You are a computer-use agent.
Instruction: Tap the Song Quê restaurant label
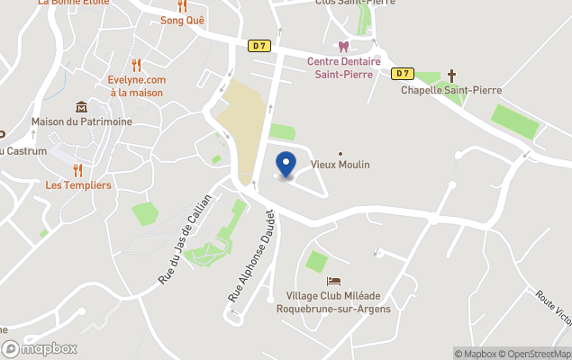(x=182, y=20)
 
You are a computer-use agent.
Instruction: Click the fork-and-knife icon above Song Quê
(x=182, y=5)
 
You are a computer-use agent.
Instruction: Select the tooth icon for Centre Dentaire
(x=342, y=47)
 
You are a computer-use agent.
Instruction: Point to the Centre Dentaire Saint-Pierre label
(x=343, y=67)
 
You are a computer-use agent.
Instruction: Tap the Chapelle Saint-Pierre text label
(x=450, y=89)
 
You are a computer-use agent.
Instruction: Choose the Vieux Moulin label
(x=340, y=165)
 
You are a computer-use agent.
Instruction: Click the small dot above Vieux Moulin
(x=340, y=153)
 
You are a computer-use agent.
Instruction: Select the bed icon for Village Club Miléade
(x=334, y=282)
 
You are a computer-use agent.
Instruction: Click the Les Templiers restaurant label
(x=78, y=184)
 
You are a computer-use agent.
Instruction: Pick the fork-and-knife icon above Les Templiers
(x=77, y=169)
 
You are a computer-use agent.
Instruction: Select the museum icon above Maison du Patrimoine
(x=81, y=107)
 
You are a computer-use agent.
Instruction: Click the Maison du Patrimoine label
(x=81, y=121)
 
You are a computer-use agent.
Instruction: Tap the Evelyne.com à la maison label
(x=136, y=85)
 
